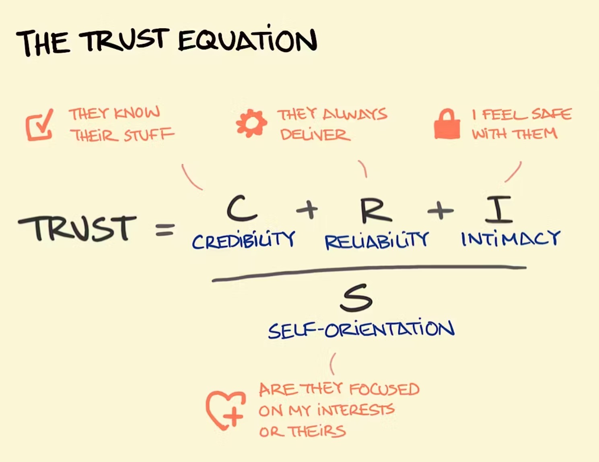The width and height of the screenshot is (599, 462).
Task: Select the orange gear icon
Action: pyautogui.click(x=251, y=123)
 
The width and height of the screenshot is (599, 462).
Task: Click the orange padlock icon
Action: pyautogui.click(x=447, y=124)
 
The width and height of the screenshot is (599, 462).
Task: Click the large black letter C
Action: pyautogui.click(x=241, y=209)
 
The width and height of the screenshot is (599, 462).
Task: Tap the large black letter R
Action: pyautogui.click(x=375, y=209)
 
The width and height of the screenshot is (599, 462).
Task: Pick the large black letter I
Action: pyautogui.click(x=498, y=209)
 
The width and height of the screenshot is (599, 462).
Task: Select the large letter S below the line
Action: pyautogui.click(x=356, y=298)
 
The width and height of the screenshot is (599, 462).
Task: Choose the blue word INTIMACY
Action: pyautogui.click(x=510, y=239)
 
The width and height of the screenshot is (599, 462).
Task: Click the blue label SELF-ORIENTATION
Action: pyautogui.click(x=361, y=330)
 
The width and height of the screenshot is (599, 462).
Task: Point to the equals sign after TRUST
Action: pyautogui.click(x=165, y=230)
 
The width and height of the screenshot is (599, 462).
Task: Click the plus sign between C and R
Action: pyautogui.click(x=307, y=209)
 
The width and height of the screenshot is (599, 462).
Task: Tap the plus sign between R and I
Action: pyautogui.click(x=441, y=210)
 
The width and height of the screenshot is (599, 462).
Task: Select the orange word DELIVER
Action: pyautogui.click(x=315, y=135)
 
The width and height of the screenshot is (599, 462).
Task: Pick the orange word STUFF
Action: pyautogui.click(x=149, y=135)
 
